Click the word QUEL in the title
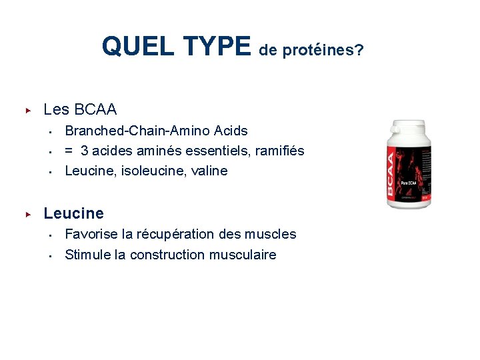130,47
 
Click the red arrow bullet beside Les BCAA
28,109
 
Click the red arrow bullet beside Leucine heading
28,214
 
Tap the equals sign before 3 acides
69,151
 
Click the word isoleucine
145,171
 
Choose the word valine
209,171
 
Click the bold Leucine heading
73,214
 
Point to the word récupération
181,234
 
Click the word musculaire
243,255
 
